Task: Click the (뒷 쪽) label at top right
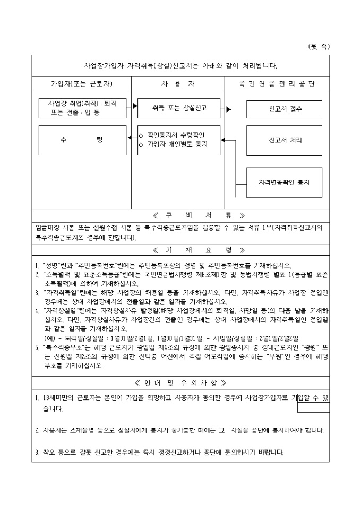click(319, 47)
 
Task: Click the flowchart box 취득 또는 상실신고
click(178, 107)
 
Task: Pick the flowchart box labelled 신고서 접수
click(285, 109)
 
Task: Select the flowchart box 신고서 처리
click(285, 140)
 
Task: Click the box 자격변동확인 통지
click(285, 181)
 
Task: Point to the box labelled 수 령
click(82, 140)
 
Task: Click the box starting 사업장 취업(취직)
click(82, 107)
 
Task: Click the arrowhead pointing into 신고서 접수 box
click(228, 110)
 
